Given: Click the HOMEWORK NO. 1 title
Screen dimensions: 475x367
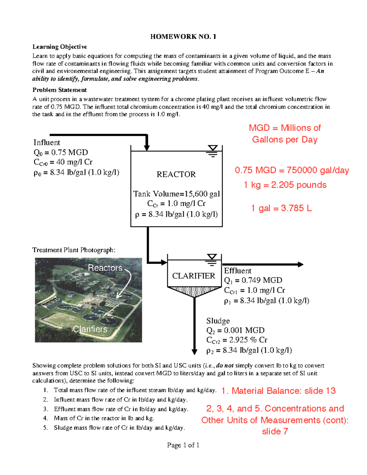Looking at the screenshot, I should pyautogui.click(x=183, y=37).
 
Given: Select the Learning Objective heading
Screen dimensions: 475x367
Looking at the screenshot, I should pyautogui.click(x=60, y=47).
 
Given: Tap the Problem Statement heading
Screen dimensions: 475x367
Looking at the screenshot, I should pyautogui.click(x=60, y=90).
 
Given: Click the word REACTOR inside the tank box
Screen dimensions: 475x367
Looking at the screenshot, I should pyautogui.click(x=176, y=174).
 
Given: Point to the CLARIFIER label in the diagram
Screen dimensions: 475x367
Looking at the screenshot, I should pyautogui.click(x=194, y=276).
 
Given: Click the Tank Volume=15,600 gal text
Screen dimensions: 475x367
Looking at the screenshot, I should pyautogui.click(x=176, y=194).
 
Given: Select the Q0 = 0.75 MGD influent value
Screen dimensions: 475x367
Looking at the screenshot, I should pyautogui.click(x=61, y=152).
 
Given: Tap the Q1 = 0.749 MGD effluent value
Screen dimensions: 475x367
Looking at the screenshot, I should pyautogui.click(x=253, y=280).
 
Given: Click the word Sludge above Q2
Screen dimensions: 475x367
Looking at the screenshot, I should pyautogui.click(x=218, y=321).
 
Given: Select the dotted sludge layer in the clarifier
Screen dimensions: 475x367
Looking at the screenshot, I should pyautogui.click(x=194, y=291).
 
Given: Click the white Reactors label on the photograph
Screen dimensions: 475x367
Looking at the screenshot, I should pyautogui.click(x=105, y=268).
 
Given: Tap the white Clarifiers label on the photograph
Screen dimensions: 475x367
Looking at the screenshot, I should pyautogui.click(x=90, y=329).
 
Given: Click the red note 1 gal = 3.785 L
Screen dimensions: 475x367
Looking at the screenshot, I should pyautogui.click(x=281, y=208).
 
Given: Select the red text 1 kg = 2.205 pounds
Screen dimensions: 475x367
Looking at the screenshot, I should pyautogui.click(x=285, y=185).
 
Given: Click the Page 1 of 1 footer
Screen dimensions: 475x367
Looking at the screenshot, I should pyautogui.click(x=183, y=445).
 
